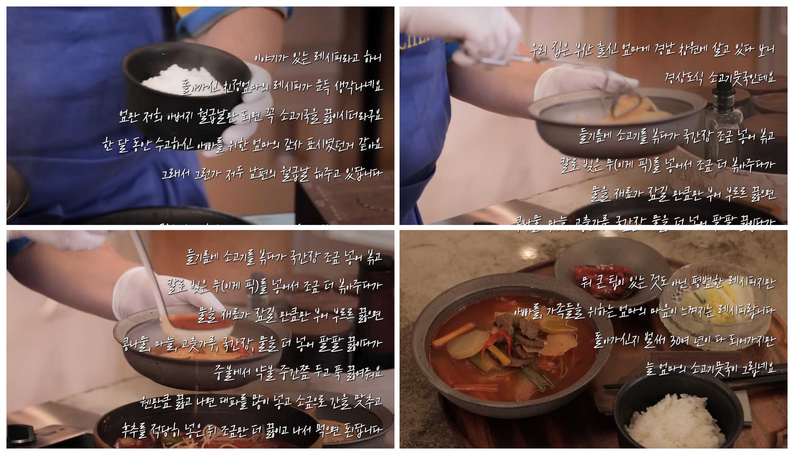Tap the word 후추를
(x=134, y=430)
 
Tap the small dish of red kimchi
(x=601, y=278)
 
